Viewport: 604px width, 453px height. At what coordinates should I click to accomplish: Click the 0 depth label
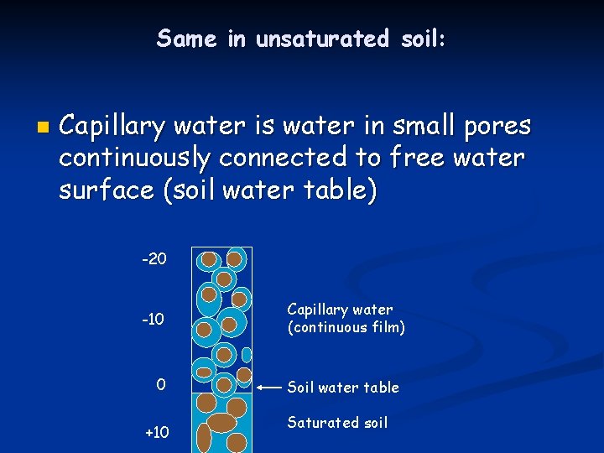pos(161,385)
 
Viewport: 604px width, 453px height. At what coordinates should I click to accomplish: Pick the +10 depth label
pos(157,433)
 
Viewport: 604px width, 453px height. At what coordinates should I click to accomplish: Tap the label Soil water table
pos(343,388)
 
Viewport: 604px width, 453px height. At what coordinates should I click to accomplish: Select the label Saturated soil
pos(337,423)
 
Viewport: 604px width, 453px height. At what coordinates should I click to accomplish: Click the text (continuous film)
pos(346,328)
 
